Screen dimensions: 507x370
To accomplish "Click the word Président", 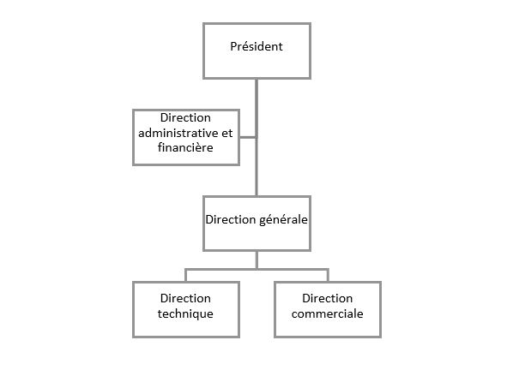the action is tap(257, 46).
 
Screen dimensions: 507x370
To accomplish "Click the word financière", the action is tap(185, 147).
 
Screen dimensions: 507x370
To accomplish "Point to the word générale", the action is tap(283, 220).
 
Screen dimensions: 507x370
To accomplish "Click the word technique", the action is tap(185, 313).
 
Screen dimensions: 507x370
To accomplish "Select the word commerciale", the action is tap(327, 313).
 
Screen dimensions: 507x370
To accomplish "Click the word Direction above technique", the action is tap(185, 298).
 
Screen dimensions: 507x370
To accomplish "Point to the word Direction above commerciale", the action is tap(327, 298).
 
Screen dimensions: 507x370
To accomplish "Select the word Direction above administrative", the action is tap(185, 118).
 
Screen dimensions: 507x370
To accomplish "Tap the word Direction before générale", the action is tap(231, 219).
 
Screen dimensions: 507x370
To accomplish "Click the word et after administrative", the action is tap(227, 133).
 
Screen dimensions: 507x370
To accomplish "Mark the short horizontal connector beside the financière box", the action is tap(248, 138).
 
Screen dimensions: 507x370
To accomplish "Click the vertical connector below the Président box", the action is tap(257, 137).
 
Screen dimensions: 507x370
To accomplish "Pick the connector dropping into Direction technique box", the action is tap(186, 275).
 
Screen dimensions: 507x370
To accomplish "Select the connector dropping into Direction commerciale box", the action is tap(329, 275).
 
